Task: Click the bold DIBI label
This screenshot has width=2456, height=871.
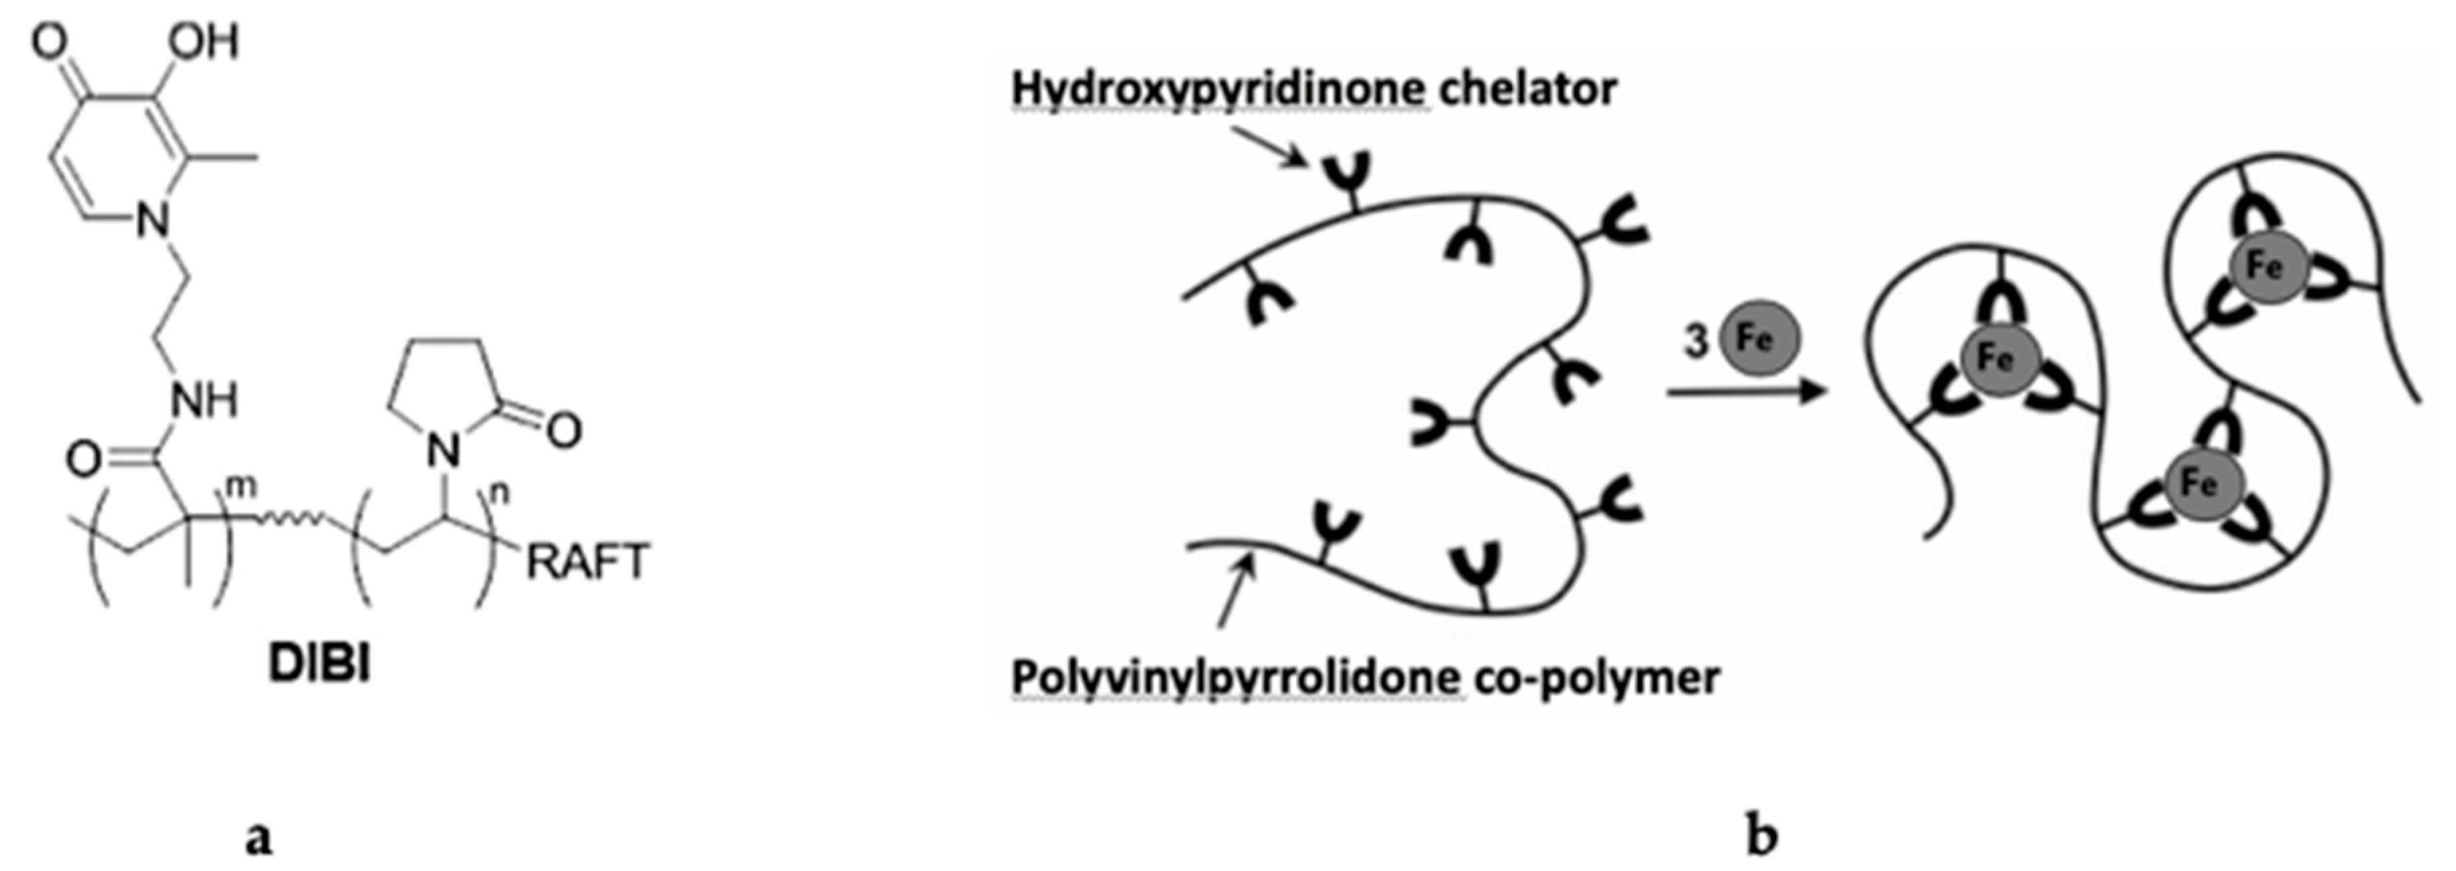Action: point(318,666)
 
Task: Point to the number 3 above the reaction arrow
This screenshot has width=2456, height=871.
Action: point(1694,342)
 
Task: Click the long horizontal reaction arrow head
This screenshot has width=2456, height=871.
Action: point(1812,392)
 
